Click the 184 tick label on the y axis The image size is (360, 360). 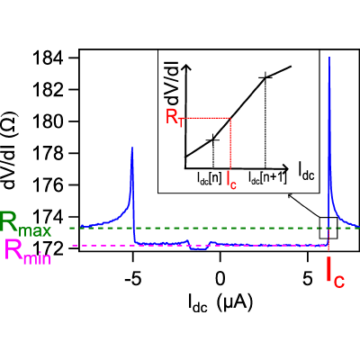tap(48, 58)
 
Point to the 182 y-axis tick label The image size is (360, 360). tap(48, 90)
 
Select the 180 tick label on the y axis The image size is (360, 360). tap(48, 121)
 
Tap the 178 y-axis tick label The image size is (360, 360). tap(48, 153)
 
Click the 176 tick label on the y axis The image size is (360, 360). tap(48, 185)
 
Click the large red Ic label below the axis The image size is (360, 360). tap(336, 274)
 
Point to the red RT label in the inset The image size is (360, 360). tap(174, 119)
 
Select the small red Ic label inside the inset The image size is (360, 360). tap(231, 180)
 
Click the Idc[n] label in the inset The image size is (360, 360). tap(209, 178)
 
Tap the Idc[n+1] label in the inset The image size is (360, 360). tap(267, 178)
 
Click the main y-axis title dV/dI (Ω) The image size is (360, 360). tap(11, 151)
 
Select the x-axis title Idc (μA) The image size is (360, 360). tap(220, 303)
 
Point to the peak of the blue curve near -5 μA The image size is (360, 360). tap(132, 148)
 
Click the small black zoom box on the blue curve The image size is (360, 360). tap(328, 228)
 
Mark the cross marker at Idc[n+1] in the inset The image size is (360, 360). tap(265, 77)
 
